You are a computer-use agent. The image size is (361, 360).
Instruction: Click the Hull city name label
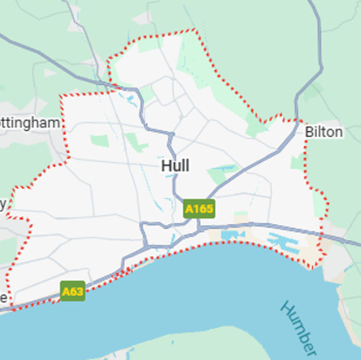coord(175,166)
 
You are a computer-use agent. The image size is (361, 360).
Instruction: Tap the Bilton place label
coord(323,132)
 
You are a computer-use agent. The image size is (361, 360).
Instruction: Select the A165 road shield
coord(199,209)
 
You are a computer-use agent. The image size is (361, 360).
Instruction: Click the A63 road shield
coord(73,291)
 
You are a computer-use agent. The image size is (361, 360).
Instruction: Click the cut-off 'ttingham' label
coord(30,122)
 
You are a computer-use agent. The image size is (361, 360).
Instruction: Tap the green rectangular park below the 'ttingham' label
coord(100,141)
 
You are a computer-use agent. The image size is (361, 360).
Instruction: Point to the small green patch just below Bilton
coord(298,162)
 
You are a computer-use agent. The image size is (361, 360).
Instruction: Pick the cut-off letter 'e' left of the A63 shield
coord(3,297)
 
